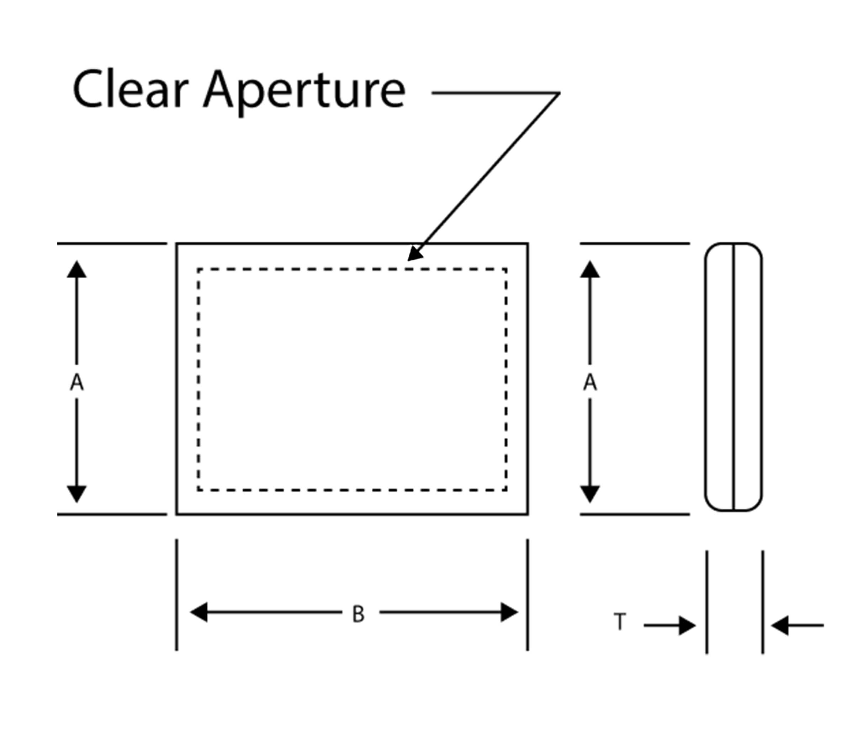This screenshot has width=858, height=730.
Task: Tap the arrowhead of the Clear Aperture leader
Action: point(414,254)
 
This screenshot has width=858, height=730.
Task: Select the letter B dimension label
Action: point(358,614)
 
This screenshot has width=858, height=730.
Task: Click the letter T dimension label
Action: point(620,622)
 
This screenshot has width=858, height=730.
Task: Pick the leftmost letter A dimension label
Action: point(76,382)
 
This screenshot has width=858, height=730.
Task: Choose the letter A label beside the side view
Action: point(590,382)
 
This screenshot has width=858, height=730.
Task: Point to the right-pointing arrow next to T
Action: point(687,625)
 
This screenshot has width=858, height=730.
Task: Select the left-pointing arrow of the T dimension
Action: point(779,625)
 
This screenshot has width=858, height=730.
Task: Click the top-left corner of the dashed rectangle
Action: point(199,270)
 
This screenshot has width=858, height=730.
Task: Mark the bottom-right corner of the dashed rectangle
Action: point(506,490)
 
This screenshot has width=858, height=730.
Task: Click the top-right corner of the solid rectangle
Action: point(528,244)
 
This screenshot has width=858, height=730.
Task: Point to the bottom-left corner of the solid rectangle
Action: point(177,514)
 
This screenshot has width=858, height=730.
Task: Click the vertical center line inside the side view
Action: point(734,377)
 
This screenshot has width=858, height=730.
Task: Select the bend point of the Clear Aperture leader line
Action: point(559,93)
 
